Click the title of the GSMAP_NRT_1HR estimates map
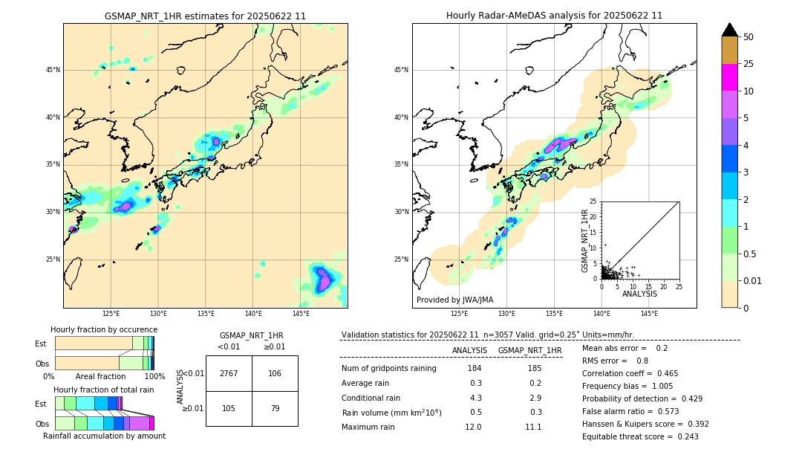[205, 16]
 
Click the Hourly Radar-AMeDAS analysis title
[554, 16]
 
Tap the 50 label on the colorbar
[749, 37]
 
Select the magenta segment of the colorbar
[729, 77]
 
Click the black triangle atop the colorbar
[729, 30]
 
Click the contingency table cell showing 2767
[229, 373]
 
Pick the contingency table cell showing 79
[275, 408]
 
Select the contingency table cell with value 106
[275, 373]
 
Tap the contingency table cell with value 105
[229, 408]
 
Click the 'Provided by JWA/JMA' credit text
[454, 300]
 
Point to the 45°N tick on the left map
[53, 70]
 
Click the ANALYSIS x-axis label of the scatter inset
[639, 294]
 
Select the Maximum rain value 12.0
[474, 427]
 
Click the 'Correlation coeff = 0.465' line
[630, 373]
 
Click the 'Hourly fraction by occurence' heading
[104, 329]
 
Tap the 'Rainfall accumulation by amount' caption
[104, 436]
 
